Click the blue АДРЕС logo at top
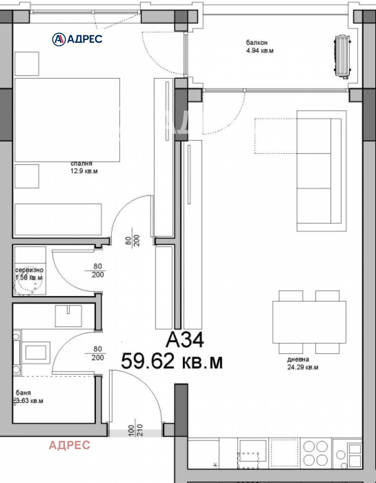[77, 38]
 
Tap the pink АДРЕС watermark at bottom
[70, 445]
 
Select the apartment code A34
[185, 341]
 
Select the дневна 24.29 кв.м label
[302, 363]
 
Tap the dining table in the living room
[309, 322]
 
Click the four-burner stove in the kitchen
[315, 453]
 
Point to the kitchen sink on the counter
[253, 453]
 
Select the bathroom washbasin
[68, 316]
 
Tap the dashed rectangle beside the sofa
[276, 136]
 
